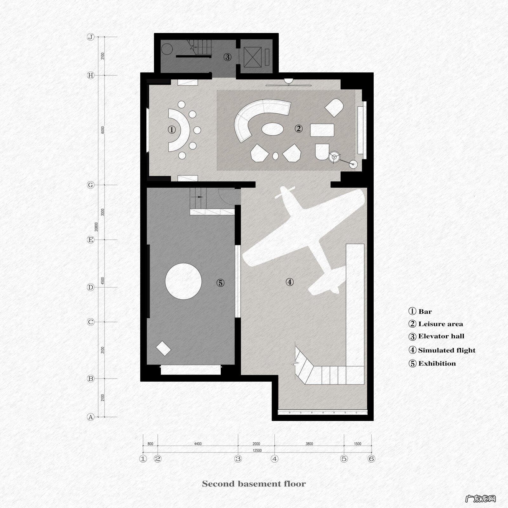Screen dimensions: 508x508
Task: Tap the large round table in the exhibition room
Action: [184, 281]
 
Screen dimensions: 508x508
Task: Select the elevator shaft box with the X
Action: [253, 57]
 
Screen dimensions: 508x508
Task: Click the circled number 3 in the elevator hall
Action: [227, 57]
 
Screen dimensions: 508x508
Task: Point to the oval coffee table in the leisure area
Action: [273, 130]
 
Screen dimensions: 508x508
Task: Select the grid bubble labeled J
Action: [91, 37]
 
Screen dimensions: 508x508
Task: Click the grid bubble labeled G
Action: [91, 185]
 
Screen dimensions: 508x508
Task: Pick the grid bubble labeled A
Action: [91, 417]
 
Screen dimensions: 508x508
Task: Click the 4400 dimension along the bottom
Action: [197, 444]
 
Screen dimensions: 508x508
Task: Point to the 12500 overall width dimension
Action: [257, 450]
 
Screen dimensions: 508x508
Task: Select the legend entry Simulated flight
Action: [442, 350]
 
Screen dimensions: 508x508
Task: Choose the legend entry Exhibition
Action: [432, 364]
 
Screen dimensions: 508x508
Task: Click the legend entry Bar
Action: [420, 311]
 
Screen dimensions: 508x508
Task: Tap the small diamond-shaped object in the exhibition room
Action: [164, 348]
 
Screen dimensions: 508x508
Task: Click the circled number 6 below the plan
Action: [371, 459]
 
